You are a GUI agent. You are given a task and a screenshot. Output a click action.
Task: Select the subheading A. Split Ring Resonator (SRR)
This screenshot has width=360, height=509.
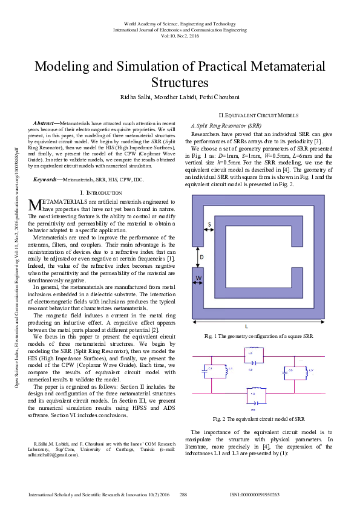tap(226, 123)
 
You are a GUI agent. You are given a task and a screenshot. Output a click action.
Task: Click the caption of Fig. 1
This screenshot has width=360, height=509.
tap(258, 336)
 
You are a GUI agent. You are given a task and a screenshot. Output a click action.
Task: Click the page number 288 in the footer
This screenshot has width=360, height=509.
tap(184, 494)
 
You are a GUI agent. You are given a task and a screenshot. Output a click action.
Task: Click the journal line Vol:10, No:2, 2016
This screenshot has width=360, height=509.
tap(180, 36)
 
